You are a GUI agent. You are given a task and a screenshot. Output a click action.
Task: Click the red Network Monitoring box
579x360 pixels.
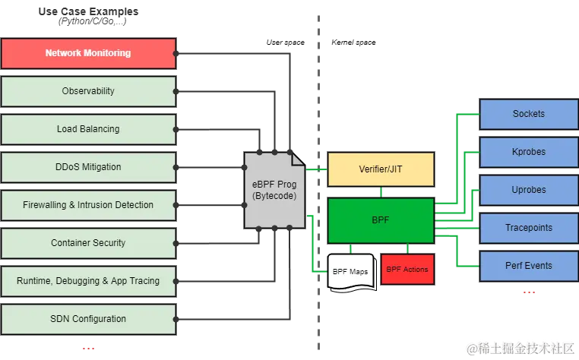coord(88,53)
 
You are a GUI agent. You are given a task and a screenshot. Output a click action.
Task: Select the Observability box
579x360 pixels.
coord(88,91)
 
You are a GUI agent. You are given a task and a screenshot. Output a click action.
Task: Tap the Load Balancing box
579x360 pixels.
coord(88,129)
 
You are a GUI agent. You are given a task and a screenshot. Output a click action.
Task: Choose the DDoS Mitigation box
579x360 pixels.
coord(88,167)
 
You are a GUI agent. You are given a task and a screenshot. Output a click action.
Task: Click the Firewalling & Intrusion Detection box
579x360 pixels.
coord(88,205)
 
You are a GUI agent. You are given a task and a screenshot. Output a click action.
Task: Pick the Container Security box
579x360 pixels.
coord(88,243)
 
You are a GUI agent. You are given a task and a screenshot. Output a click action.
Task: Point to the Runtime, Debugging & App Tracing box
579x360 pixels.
coord(88,281)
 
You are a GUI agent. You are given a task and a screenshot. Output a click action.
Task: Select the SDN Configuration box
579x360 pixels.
coord(88,319)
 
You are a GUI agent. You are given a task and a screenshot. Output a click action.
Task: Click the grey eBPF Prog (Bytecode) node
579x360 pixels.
coord(274,190)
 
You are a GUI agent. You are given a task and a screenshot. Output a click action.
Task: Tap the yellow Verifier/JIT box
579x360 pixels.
coord(381,169)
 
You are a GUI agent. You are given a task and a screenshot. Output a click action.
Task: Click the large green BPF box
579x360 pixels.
coord(381,220)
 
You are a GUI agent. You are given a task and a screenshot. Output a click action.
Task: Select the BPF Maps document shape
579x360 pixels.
coord(350,270)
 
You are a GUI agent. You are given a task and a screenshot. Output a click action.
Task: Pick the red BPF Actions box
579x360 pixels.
coord(407,270)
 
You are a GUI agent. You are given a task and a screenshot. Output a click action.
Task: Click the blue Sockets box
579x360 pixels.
coord(529,114)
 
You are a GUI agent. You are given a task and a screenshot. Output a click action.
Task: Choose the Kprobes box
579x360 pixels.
coord(529,152)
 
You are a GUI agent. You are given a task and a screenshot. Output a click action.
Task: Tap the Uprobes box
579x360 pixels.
coord(529,190)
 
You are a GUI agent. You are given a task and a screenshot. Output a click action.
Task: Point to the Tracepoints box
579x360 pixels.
coord(529,228)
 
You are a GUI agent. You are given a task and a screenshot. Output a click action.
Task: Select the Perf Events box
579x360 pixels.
coord(529,266)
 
